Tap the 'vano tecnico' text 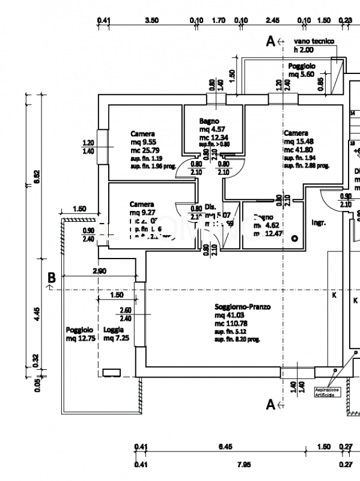[x=314, y=41]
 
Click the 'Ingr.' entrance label [x=318, y=222]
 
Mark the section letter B [x=52, y=278]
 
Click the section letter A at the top [x=270, y=41]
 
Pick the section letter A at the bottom [x=270, y=405]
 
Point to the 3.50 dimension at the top [x=152, y=20]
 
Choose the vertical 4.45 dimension [x=37, y=313]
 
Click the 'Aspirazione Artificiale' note [x=328, y=392]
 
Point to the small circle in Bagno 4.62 [x=294, y=239]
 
